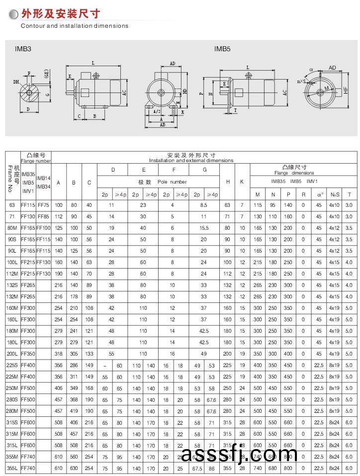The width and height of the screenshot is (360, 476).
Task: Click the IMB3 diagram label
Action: (x=23, y=49)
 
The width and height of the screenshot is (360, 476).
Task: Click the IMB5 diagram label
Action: (x=222, y=49)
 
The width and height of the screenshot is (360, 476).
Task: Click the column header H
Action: (x=228, y=182)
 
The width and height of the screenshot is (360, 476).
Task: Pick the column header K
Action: (x=242, y=182)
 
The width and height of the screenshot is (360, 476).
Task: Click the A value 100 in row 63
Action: (x=59, y=205)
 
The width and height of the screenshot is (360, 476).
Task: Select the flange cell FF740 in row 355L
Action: (x=27, y=469)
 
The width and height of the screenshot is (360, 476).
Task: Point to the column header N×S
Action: (x=335, y=194)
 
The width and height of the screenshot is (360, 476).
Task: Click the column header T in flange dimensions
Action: (x=349, y=194)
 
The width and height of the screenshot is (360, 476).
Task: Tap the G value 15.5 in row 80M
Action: (x=204, y=228)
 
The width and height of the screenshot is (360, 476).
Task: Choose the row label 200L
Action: (x=12, y=354)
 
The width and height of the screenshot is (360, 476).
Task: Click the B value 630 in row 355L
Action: (x=74, y=469)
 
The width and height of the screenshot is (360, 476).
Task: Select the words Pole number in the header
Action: (x=172, y=182)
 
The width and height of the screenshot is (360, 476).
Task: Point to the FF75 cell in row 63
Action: (x=43, y=205)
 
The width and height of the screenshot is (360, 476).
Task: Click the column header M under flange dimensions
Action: (x=258, y=194)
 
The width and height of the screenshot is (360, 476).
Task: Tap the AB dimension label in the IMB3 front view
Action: (x=162, y=125)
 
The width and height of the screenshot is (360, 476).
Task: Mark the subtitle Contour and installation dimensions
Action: (x=75, y=26)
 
